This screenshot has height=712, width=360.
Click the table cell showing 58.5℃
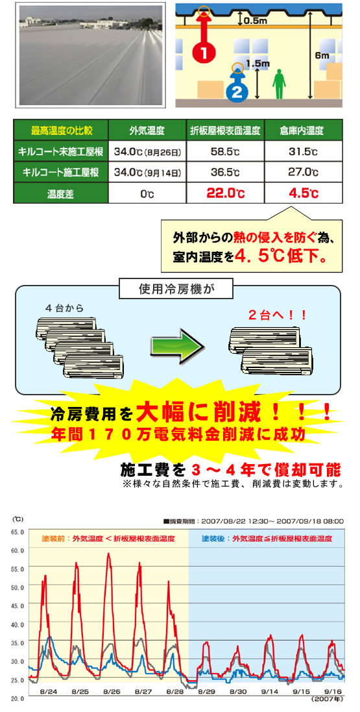point(224,152)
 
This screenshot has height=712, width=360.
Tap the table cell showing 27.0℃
point(303,173)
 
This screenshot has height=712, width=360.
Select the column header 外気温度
point(147,131)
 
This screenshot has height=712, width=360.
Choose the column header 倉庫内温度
point(303,131)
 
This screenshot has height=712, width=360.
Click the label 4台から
point(64,308)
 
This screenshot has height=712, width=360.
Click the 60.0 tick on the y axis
point(17,550)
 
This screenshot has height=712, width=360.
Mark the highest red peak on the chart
point(108,554)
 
